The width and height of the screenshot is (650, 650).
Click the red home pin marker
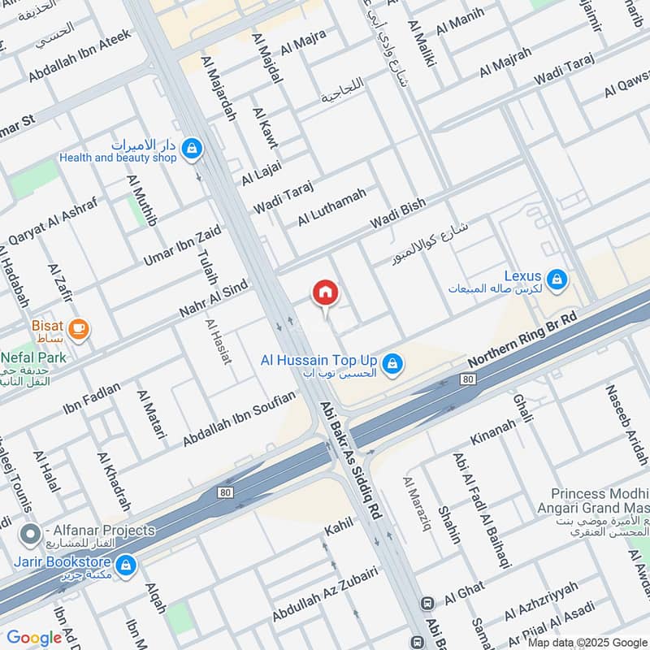click(x=325, y=292)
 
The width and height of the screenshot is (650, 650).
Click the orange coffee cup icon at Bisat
click(x=79, y=328)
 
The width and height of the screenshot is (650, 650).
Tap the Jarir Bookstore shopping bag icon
click(x=125, y=563)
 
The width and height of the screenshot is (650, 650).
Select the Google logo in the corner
click(x=34, y=638)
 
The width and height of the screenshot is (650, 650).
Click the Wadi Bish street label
click(x=398, y=214)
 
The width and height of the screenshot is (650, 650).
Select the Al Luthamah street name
click(x=331, y=206)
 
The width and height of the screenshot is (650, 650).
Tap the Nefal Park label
click(x=33, y=356)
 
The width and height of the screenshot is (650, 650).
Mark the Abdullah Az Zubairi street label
click(x=325, y=596)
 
